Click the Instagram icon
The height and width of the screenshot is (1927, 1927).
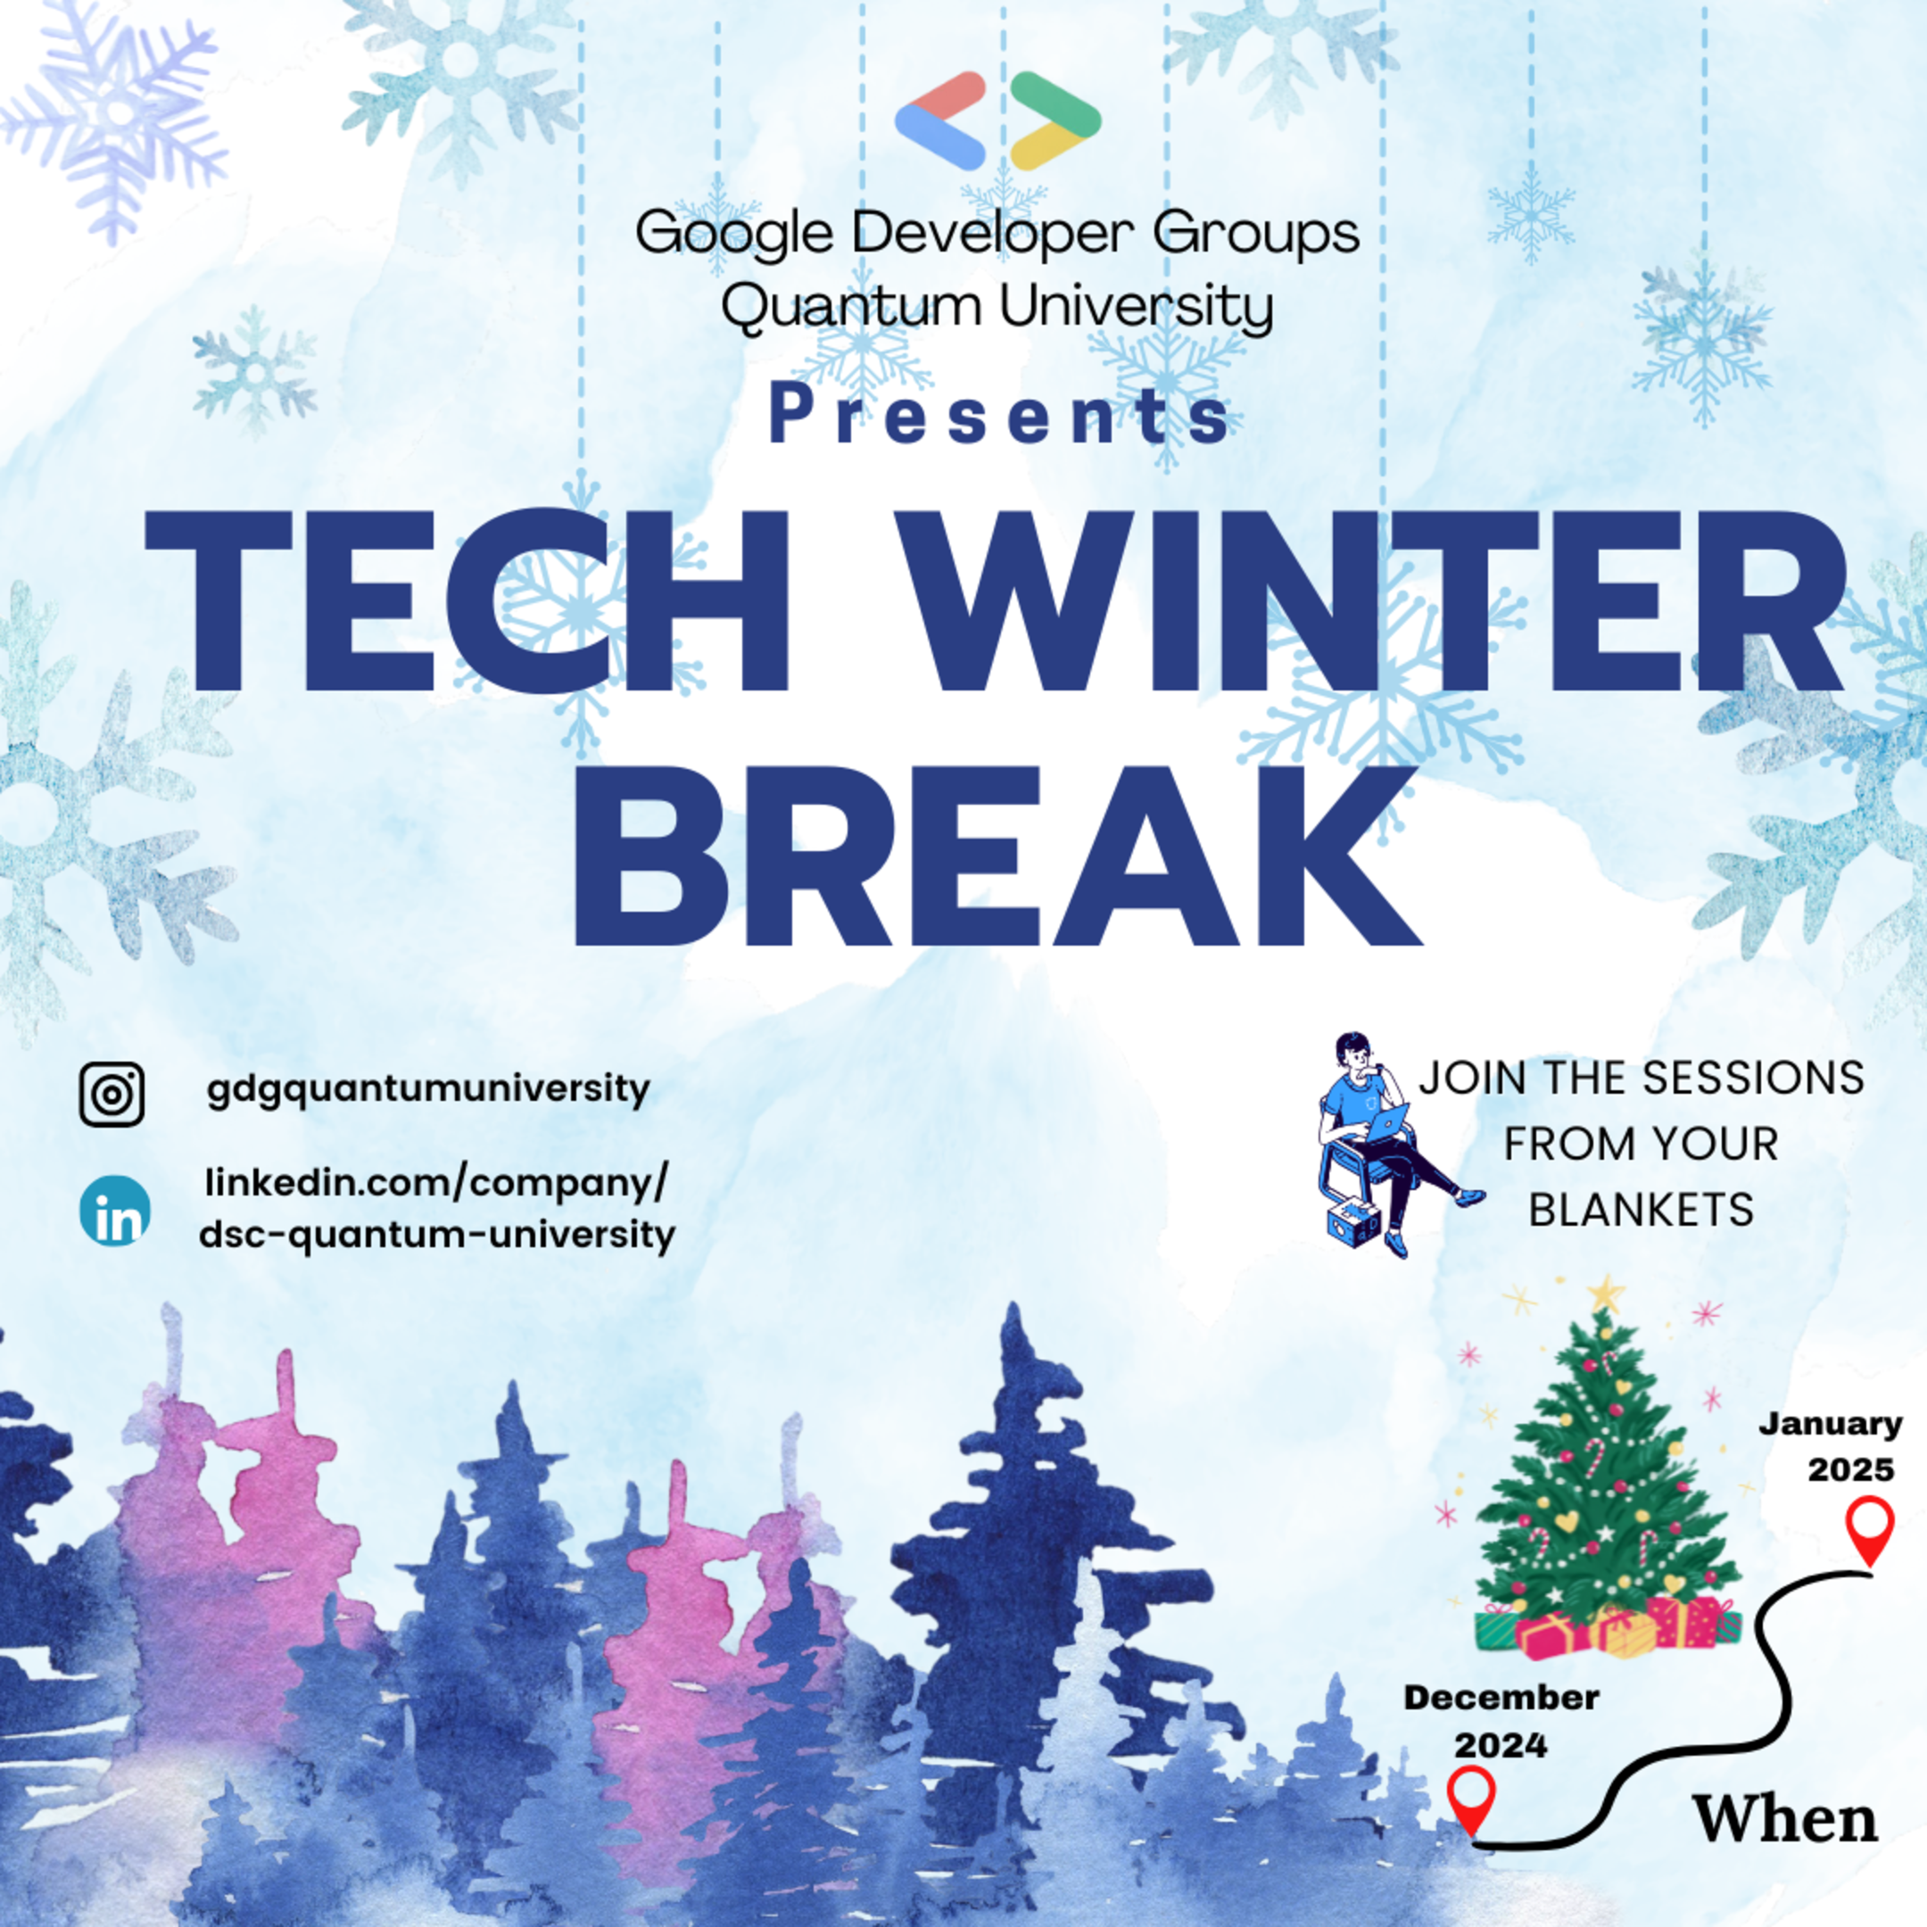pyautogui.click(x=112, y=1094)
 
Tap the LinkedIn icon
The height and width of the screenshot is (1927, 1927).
pyautogui.click(x=115, y=1211)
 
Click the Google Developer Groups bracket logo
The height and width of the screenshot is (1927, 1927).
pyautogui.click(x=997, y=120)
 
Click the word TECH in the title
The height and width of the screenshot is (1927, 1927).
pyautogui.click(x=468, y=601)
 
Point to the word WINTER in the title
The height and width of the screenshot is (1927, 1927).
pyautogui.click(x=1367, y=601)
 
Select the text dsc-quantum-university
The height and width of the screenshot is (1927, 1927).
pyautogui.click(x=437, y=1235)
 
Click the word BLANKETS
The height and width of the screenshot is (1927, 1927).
pyautogui.click(x=1641, y=1210)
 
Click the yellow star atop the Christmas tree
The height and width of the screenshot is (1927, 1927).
pyautogui.click(x=1605, y=1294)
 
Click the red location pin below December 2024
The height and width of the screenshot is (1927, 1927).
pyautogui.click(x=1471, y=1799)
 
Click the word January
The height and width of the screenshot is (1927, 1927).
pyautogui.click(x=1831, y=1423)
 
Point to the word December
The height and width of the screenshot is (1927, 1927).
pyautogui.click(x=1501, y=1697)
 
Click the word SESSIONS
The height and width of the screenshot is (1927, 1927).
pyautogui.click(x=1752, y=1079)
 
